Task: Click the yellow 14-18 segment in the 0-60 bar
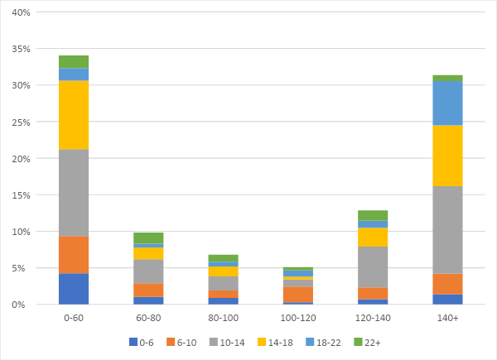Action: pos(74,114)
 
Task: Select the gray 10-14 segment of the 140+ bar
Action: pos(447,229)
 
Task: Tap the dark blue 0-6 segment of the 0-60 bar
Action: pos(74,288)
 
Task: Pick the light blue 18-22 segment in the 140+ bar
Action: pos(447,103)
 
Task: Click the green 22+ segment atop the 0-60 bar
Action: pos(74,61)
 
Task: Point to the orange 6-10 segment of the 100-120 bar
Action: pos(298,294)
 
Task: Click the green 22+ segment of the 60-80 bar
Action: pos(148,238)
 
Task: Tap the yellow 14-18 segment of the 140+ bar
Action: pos(447,156)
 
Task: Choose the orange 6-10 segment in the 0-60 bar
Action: pos(74,254)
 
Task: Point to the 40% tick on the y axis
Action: pos(20,12)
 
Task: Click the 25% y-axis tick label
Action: pos(20,122)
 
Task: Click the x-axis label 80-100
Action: pos(223,318)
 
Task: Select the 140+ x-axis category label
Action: pos(447,318)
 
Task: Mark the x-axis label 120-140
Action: pos(373,318)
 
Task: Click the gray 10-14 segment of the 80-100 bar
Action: pos(223,283)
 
